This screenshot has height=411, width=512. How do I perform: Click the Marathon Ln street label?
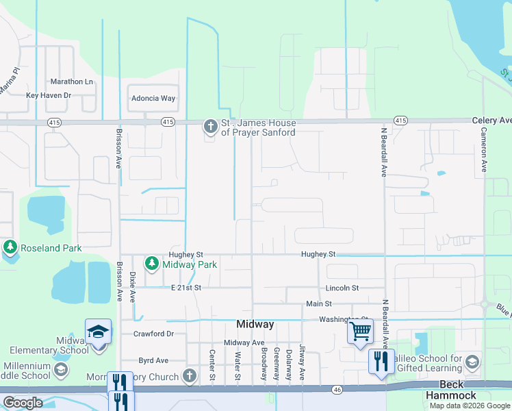[71, 82]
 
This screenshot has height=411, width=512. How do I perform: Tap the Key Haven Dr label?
[49, 96]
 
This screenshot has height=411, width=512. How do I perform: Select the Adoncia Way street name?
[153, 99]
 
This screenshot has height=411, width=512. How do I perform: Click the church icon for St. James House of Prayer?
[209, 126]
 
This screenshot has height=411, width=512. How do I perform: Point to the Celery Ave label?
[491, 121]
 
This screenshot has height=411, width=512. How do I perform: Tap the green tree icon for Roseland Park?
[10, 247]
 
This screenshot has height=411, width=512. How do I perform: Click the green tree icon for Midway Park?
[151, 263]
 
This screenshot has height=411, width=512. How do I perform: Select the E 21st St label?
[185, 288]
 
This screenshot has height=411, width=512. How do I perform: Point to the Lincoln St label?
[342, 288]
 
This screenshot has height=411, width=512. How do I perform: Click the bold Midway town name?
[255, 324]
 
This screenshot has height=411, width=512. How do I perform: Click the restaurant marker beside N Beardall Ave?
[381, 360]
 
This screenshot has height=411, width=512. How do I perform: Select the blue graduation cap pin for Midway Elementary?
[99, 332]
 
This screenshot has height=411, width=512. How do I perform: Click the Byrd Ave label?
[153, 360]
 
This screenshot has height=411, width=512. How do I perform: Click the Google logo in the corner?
[23, 403]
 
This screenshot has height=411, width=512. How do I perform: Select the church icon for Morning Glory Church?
[190, 376]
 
